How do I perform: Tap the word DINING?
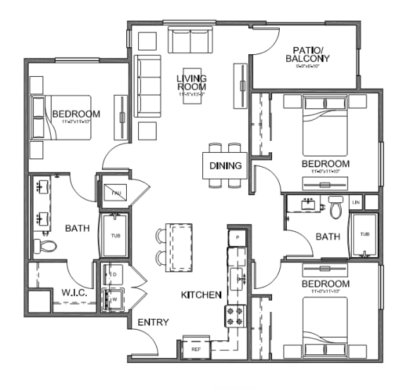tap(226, 166)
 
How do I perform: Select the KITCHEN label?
tap(202, 294)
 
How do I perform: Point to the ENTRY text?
tap(153, 323)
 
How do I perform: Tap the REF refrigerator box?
tap(195, 347)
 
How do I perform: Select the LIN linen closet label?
tap(356, 202)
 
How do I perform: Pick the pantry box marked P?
tap(238, 238)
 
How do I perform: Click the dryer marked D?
tap(113, 274)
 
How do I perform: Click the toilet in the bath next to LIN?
tap(335, 208)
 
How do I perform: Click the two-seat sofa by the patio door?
tap(190, 40)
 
